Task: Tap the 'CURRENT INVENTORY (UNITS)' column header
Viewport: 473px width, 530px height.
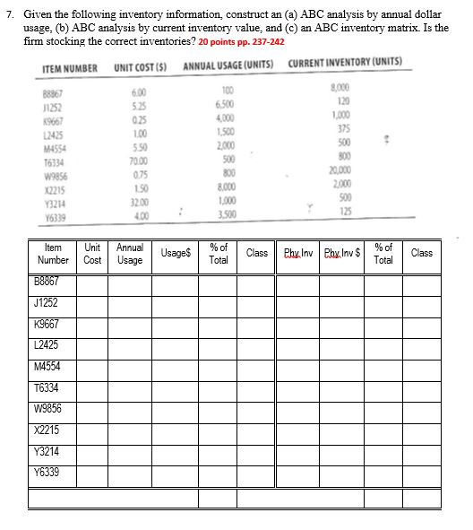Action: pyautogui.click(x=346, y=64)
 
